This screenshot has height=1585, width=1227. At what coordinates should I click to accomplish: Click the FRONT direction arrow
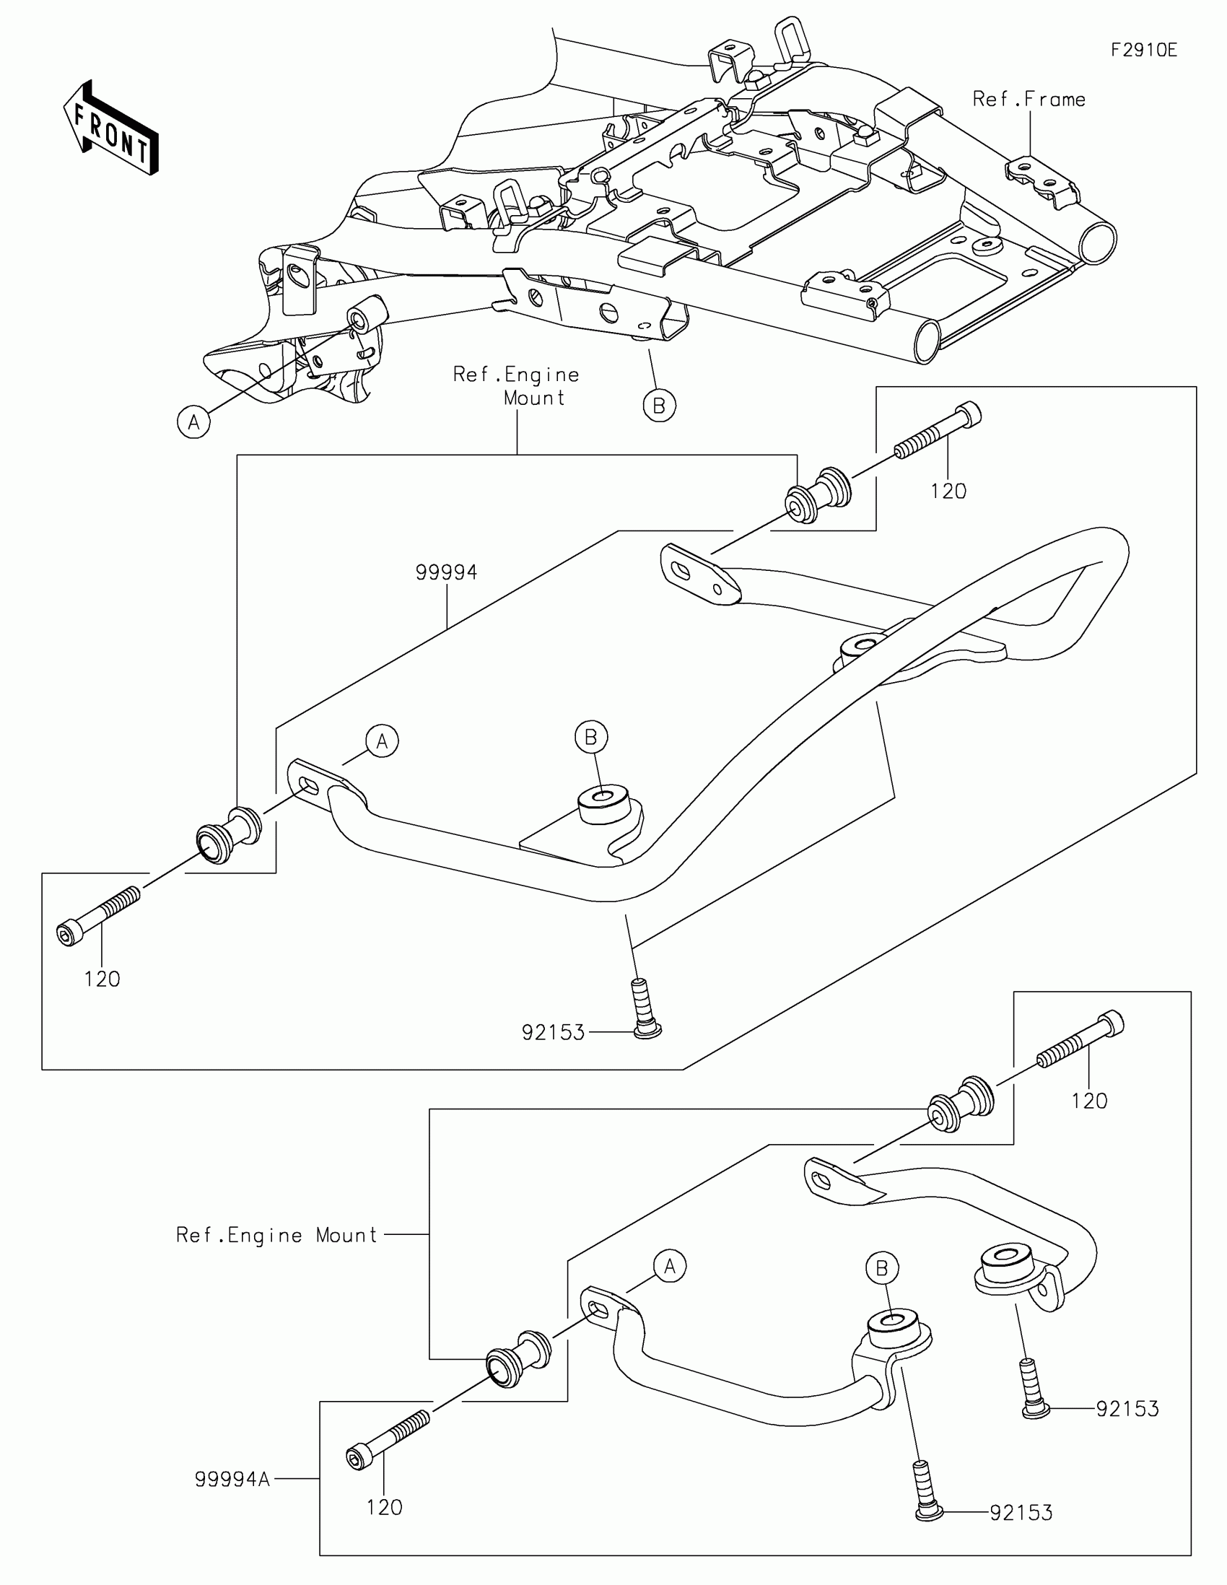tap(111, 128)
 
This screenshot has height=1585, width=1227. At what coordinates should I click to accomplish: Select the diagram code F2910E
tap(1143, 50)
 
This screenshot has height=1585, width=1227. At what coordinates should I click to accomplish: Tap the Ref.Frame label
tap(1029, 100)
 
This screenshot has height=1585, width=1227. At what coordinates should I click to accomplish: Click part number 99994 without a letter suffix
tap(446, 572)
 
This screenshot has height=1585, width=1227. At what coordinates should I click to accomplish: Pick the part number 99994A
tap(232, 1479)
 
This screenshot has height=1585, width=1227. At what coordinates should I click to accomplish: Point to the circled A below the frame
tap(193, 422)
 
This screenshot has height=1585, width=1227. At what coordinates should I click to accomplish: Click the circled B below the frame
tap(659, 406)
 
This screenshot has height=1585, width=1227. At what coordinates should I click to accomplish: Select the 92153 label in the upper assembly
tap(553, 1033)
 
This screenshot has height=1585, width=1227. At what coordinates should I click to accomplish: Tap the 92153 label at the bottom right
tap(1021, 1512)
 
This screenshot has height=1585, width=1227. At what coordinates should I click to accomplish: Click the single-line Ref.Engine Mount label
tap(276, 1235)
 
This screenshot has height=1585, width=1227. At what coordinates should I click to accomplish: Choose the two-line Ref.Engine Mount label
tap(517, 386)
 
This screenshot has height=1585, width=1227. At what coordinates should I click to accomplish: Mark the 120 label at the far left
tap(102, 979)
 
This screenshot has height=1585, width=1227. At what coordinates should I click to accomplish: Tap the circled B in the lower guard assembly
tap(881, 1268)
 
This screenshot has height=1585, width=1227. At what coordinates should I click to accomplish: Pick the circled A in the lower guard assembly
tap(669, 1267)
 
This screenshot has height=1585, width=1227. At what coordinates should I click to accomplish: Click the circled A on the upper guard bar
tap(383, 741)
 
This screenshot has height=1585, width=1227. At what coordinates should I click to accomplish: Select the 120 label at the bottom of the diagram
tap(384, 1507)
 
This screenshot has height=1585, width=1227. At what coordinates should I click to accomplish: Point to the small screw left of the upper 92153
tap(642, 1010)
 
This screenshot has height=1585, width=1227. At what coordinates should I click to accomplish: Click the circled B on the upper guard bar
tap(590, 737)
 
